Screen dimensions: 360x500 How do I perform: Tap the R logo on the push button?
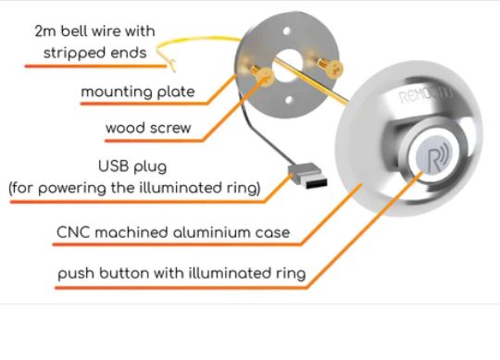click(x=436, y=155)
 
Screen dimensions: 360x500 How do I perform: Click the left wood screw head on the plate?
click(x=265, y=81)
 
